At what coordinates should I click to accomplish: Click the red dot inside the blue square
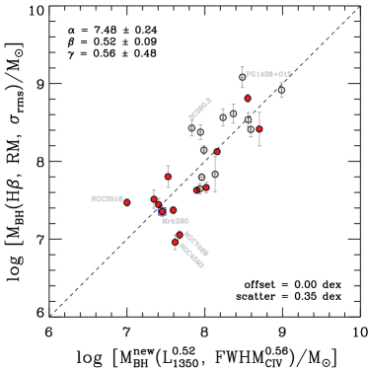162,211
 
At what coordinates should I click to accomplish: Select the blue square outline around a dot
162,211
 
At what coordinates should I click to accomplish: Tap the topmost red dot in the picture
248,98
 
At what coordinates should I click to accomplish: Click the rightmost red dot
259,129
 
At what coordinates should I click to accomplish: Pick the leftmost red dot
126,202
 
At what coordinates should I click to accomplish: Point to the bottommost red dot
176,242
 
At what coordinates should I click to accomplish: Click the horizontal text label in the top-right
268,75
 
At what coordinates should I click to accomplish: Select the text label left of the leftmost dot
107,199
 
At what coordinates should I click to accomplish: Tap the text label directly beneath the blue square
175,221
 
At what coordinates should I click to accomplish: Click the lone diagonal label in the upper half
200,109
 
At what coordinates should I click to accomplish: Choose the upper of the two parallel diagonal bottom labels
196,244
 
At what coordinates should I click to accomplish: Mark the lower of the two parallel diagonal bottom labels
191,256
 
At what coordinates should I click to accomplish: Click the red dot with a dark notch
196,189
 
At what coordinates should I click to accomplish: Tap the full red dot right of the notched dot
205,186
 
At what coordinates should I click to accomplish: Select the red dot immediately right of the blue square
173,210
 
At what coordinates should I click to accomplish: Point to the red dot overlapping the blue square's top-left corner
158,205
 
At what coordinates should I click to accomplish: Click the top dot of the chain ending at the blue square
154,199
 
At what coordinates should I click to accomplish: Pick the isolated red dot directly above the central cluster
168,177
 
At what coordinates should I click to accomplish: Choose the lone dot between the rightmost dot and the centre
217,151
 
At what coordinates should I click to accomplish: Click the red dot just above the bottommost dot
180,235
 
